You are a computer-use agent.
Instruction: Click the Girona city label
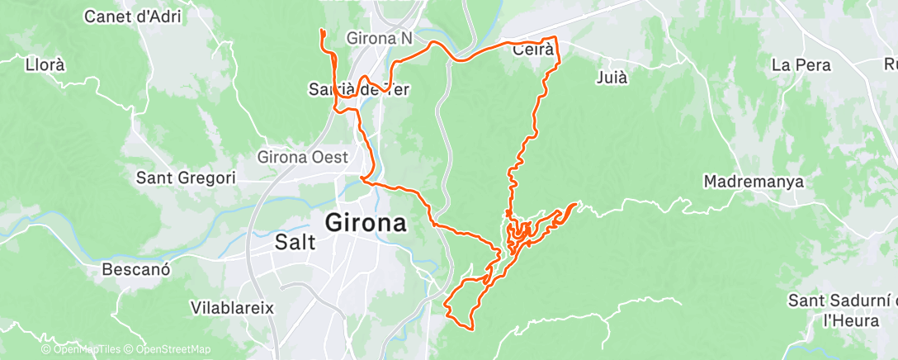pyautogui.click(x=366, y=223)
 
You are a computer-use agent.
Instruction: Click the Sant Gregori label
pyautogui.click(x=186, y=178)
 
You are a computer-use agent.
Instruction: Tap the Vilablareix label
pyautogui.click(x=232, y=307)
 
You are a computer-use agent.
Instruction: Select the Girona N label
pyautogui.click(x=380, y=38)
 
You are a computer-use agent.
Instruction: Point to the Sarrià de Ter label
pyautogui.click(x=358, y=88)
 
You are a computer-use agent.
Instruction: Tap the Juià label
pyautogui.click(x=612, y=78)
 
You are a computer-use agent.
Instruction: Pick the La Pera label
pyautogui.click(x=800, y=64)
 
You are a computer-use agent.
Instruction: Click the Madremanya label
pyautogui.click(x=754, y=182)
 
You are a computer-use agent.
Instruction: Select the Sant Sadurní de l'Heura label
pyautogui.click(x=842, y=309)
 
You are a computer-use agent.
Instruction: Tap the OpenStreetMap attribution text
pyautogui.click(x=171, y=350)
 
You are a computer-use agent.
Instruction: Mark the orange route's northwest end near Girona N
pyautogui.click(x=321, y=31)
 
